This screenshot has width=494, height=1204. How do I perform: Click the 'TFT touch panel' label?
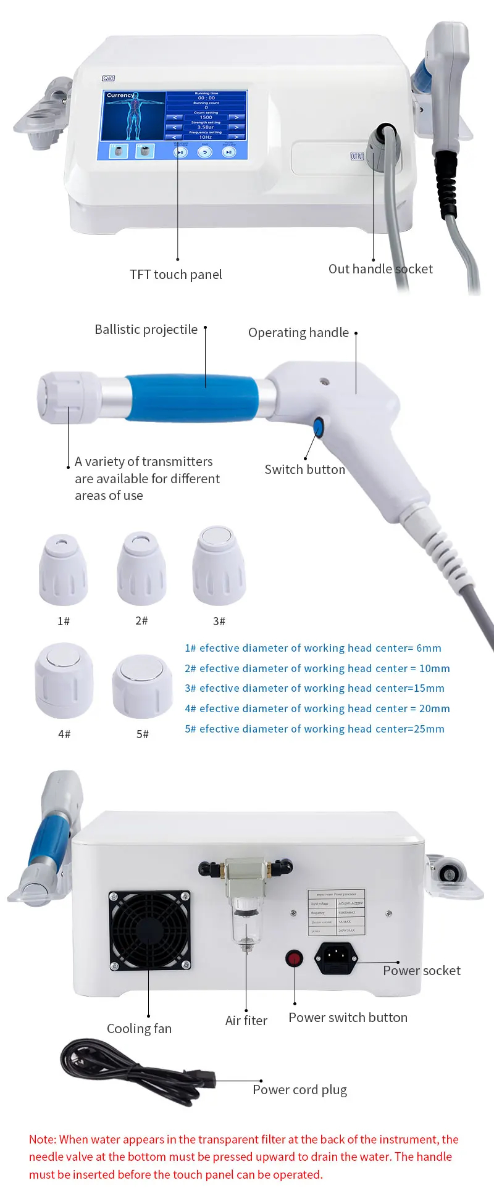click(x=175, y=275)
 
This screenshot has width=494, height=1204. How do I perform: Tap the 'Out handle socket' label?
click(x=380, y=269)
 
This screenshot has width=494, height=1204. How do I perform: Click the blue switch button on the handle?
click(x=319, y=426)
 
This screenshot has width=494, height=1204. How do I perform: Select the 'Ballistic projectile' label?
click(x=146, y=330)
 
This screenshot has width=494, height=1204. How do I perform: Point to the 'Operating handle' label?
click(x=298, y=333)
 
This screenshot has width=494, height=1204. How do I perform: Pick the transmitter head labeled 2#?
click(x=142, y=568)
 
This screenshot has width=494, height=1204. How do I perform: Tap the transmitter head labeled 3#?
click(x=219, y=566)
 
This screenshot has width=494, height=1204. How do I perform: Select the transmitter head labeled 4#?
click(x=64, y=680)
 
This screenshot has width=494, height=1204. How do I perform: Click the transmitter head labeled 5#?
click(x=142, y=686)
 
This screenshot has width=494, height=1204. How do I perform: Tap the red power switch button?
click(x=294, y=958)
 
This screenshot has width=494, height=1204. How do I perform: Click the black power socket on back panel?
click(x=336, y=958)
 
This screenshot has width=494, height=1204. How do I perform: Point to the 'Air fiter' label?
click(x=246, y=1021)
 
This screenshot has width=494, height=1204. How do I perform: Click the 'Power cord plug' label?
click(x=299, y=1090)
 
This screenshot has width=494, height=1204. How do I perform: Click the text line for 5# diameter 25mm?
click(x=314, y=729)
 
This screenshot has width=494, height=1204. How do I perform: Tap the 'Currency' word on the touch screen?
click(x=120, y=96)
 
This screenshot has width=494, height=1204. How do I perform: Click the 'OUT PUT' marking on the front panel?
click(x=357, y=156)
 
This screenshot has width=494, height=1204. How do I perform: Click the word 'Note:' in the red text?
click(x=43, y=1140)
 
